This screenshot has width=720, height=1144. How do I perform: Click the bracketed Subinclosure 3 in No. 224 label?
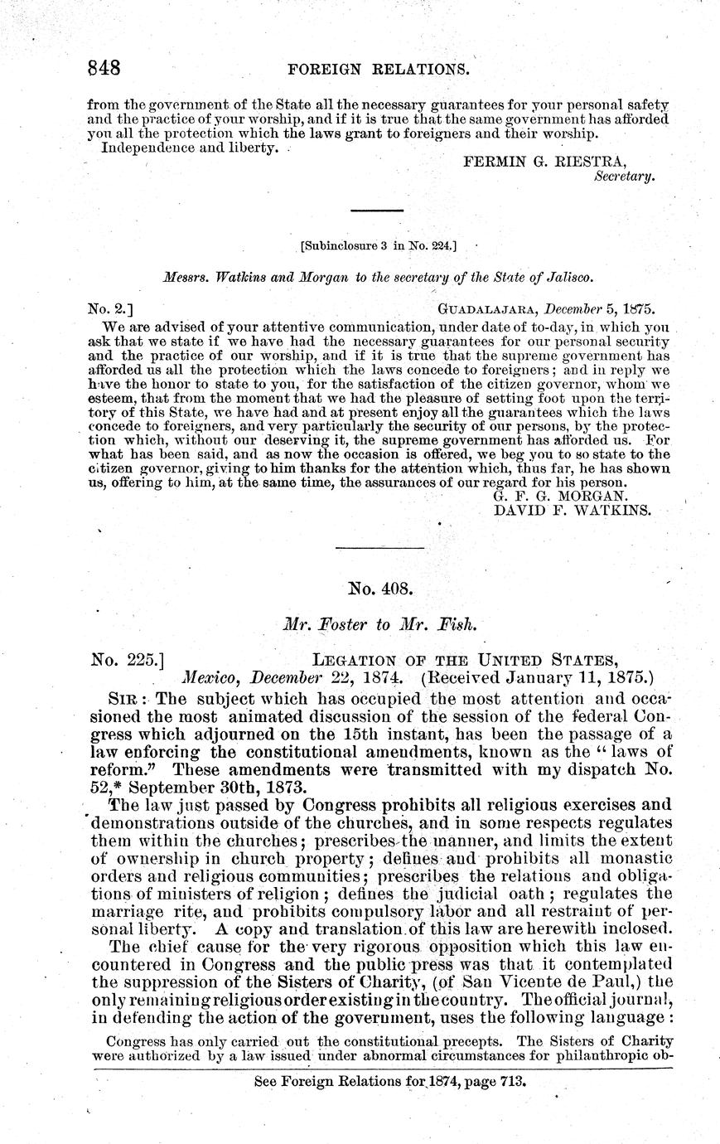pyautogui.click(x=378, y=245)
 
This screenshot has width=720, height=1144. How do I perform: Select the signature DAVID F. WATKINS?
pyautogui.click(x=573, y=511)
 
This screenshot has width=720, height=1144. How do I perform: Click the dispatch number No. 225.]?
pyautogui.click(x=132, y=660)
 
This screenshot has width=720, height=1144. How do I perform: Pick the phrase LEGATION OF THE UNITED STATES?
pyautogui.click(x=464, y=660)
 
